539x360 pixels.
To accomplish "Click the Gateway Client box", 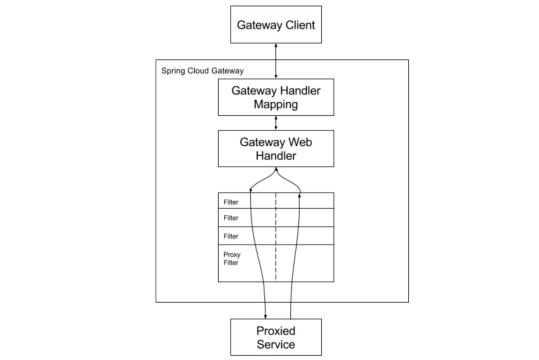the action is click(x=276, y=24).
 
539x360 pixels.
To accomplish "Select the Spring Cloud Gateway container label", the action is click(x=203, y=71).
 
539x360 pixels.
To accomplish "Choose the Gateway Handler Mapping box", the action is click(x=276, y=97).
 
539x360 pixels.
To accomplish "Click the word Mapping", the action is click(x=276, y=104).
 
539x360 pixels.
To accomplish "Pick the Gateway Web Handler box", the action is click(x=276, y=148).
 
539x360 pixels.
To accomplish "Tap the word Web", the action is click(x=300, y=142).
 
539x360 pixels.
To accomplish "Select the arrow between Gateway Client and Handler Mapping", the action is click(x=275, y=61).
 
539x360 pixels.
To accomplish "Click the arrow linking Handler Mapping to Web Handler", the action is click(x=275, y=123).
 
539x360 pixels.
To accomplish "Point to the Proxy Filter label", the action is click(x=232, y=259).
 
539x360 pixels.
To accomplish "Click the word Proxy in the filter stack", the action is click(x=232, y=255).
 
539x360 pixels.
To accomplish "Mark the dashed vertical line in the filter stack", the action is click(x=275, y=237).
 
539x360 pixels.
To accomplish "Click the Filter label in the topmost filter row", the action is click(x=231, y=202).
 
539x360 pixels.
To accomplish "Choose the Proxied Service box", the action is click(x=276, y=338).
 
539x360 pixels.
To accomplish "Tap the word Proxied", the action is click(x=275, y=331).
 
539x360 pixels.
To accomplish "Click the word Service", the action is click(x=275, y=344).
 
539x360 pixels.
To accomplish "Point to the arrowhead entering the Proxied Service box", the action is click(x=266, y=317).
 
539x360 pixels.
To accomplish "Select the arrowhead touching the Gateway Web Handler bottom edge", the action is click(x=276, y=169).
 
